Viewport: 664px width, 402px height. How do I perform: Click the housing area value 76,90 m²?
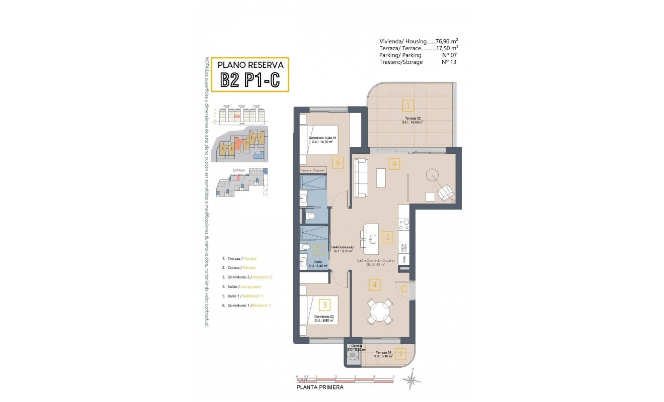coord(447,42)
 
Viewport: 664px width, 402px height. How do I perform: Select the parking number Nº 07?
coord(449,55)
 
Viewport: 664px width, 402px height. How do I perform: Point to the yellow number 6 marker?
coord(338,162)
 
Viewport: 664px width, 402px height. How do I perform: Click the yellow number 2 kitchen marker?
coord(387,237)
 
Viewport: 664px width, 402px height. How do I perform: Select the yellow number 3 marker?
coord(325,304)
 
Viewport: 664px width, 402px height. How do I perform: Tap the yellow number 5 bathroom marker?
coord(316,249)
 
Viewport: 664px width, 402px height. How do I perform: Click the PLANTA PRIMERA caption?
coord(320,387)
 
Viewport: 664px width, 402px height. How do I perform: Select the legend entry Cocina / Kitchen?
coord(241,267)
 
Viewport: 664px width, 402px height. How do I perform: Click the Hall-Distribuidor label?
coord(343,248)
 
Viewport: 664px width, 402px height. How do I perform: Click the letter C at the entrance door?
coord(403,288)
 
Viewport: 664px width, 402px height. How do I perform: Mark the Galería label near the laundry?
coord(357,346)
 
